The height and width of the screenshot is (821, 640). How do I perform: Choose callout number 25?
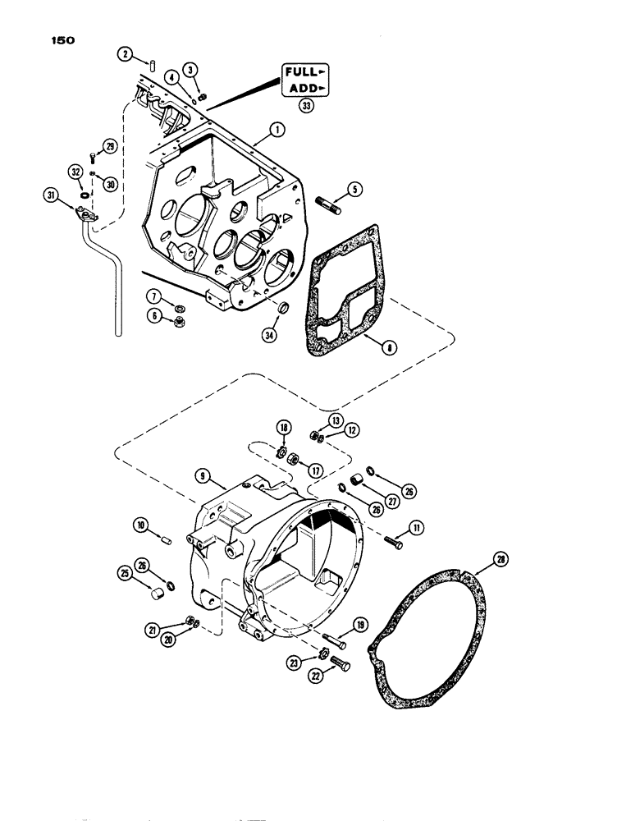pos(128,572)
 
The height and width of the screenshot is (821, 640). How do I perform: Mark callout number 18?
pos(283,428)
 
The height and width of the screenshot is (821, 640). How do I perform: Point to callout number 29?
pos(109,146)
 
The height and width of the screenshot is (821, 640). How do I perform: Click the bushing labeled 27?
pos(359,479)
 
